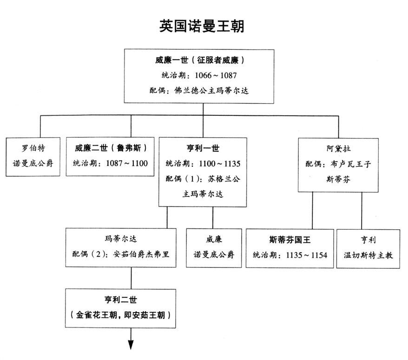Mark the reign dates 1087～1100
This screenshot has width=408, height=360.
[x=127, y=163]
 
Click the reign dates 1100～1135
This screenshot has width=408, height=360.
[x=219, y=164]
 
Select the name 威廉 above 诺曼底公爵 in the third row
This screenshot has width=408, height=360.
[x=214, y=239]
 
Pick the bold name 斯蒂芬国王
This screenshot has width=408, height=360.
[x=289, y=240]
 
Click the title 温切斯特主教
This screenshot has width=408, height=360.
[x=368, y=255]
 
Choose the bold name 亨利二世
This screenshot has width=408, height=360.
[x=120, y=300]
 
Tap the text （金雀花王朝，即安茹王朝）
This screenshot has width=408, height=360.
[x=120, y=315]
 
